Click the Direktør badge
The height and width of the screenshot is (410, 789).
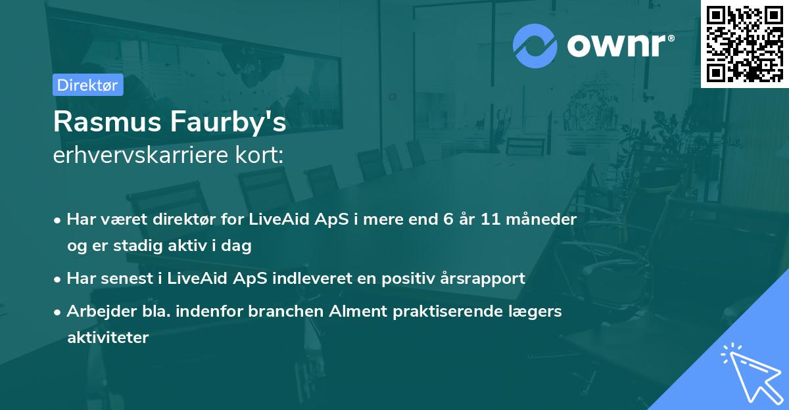tap(88, 85)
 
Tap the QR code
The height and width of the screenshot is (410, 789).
tap(744, 43)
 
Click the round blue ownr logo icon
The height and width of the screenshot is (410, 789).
tap(535, 46)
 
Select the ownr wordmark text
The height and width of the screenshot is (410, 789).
tap(620, 45)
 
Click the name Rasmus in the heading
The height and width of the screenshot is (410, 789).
tap(107, 122)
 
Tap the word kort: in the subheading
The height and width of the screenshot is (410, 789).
tap(259, 155)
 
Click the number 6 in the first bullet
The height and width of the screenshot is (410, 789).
tap(448, 219)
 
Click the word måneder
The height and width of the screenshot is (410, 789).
tap(541, 219)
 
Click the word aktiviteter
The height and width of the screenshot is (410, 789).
tap(108, 338)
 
